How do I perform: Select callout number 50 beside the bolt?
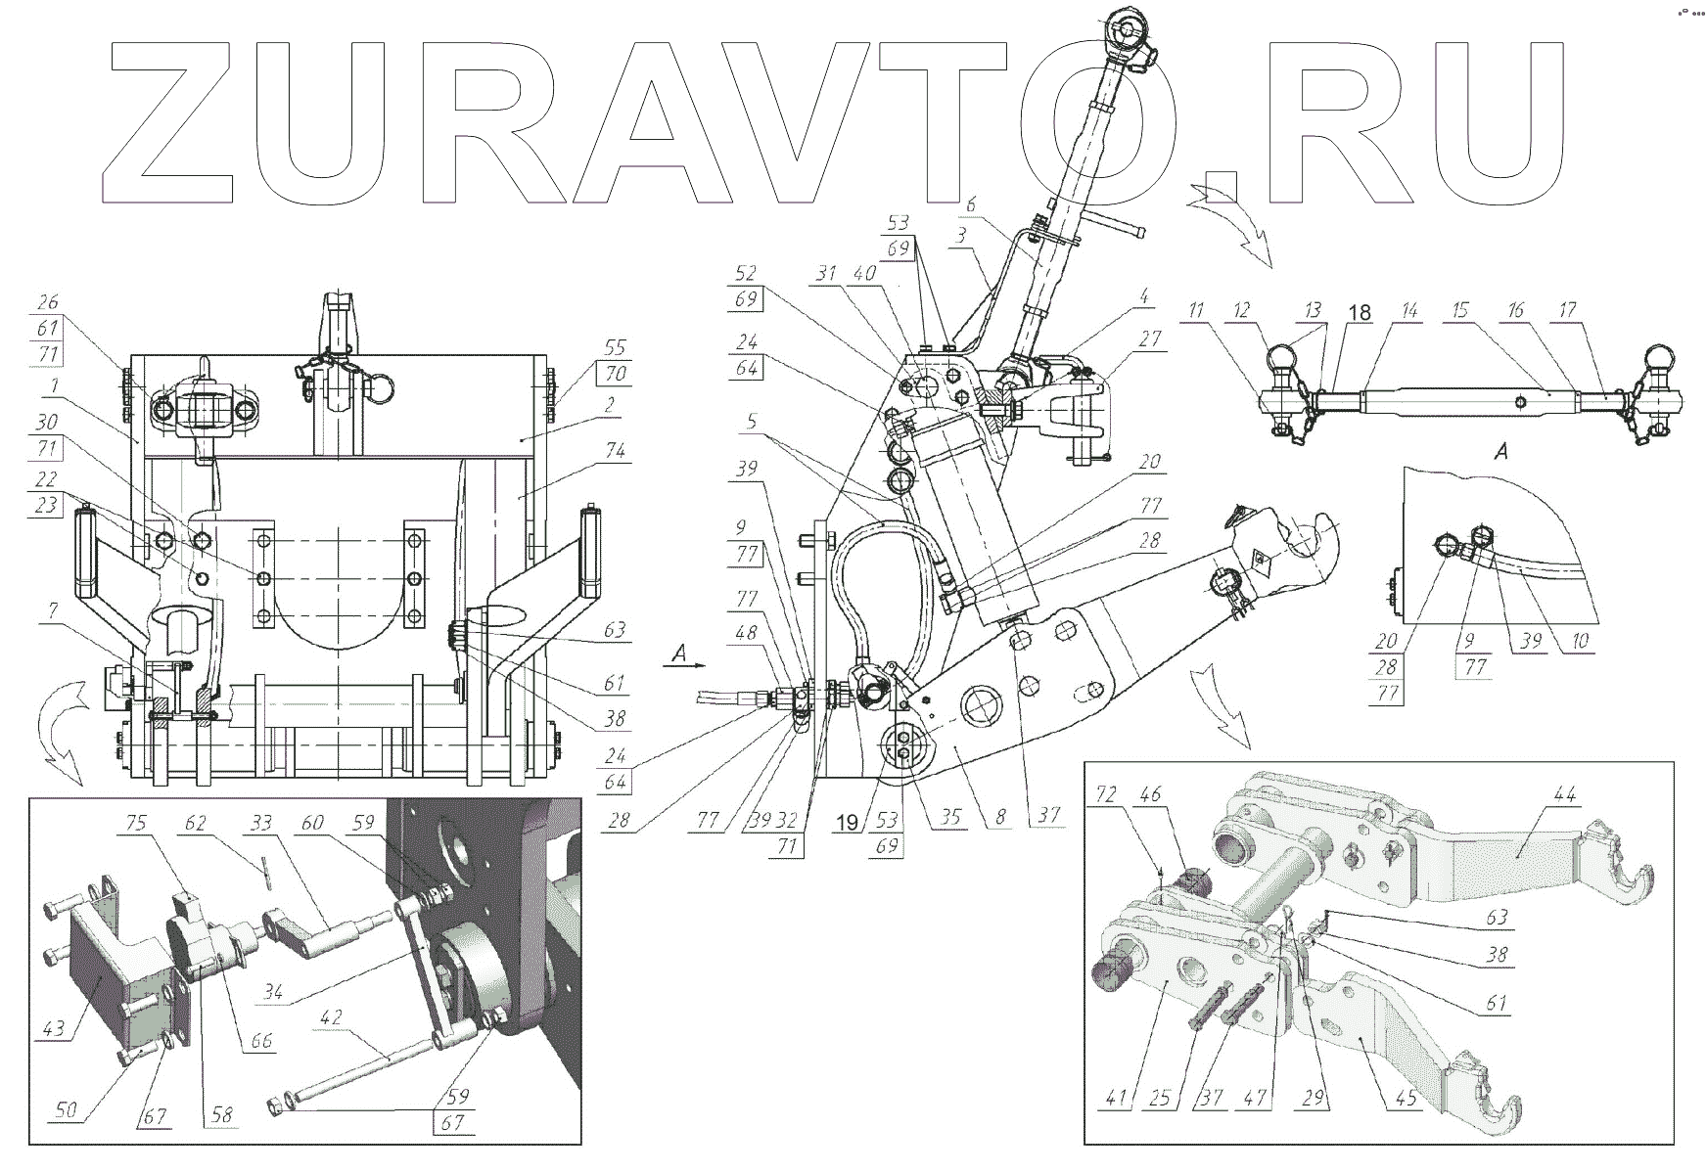(x=68, y=1110)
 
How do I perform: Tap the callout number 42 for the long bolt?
(x=332, y=1017)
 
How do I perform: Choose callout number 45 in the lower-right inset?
(x=1406, y=1098)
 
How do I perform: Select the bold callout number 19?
(x=848, y=823)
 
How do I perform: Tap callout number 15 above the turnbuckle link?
(x=1460, y=310)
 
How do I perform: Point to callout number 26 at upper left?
(x=48, y=302)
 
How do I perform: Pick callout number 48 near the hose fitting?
(x=747, y=633)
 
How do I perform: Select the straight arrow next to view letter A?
(x=687, y=662)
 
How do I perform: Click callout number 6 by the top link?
(x=970, y=204)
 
